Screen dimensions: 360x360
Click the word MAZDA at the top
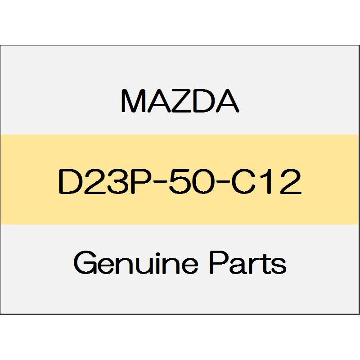pos(180,102)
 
